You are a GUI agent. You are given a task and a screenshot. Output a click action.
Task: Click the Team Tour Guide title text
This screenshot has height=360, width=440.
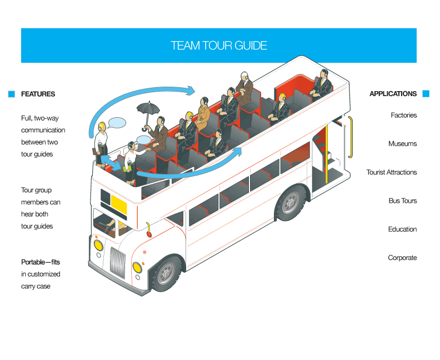219,46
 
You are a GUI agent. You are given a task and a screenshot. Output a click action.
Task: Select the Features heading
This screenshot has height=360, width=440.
38,94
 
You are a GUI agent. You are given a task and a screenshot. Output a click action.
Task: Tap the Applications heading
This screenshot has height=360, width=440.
393,94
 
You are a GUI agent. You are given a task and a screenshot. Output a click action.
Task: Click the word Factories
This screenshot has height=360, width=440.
403,116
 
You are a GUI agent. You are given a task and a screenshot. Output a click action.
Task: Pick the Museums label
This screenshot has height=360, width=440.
402,144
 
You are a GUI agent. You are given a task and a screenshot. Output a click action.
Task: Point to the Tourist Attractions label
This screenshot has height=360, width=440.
391,172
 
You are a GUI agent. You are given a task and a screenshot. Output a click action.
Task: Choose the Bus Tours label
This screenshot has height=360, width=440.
402,201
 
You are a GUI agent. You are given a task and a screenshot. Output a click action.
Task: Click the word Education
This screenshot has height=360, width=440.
402,229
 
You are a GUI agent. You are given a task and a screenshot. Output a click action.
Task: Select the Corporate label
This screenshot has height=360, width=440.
402,258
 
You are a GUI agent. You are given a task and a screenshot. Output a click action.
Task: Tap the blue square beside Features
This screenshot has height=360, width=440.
11,94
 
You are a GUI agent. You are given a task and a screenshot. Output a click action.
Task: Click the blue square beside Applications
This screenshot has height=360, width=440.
426,94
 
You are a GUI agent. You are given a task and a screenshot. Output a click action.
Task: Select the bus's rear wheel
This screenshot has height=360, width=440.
290,203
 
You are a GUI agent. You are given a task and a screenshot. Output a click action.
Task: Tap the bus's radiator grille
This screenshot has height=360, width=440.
117,262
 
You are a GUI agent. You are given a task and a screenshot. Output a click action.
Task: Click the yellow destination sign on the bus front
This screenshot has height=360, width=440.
118,204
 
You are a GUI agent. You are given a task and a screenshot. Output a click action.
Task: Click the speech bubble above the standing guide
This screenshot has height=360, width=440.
117,122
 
